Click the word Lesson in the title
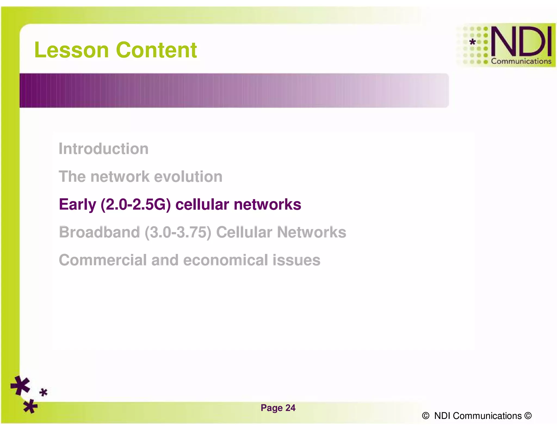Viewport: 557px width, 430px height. (72, 50)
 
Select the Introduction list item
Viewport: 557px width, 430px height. (104, 149)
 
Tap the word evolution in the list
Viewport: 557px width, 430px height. (188, 177)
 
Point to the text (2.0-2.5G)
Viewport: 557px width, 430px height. (135, 204)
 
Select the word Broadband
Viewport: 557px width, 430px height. (100, 232)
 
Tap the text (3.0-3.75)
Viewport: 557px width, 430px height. (178, 233)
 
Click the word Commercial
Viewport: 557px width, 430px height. (103, 260)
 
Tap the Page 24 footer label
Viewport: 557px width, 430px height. (278, 408)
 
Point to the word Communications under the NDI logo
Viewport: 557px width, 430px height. (521, 61)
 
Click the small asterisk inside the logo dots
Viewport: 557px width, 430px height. (473, 42)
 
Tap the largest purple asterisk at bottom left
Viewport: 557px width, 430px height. (20, 385)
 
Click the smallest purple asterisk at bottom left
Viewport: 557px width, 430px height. (43, 392)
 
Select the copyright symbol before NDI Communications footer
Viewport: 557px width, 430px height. (426, 416)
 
